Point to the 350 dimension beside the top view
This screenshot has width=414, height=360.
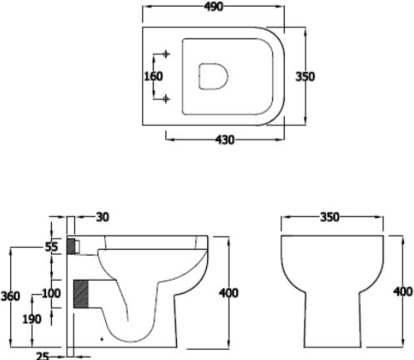tap(305, 76)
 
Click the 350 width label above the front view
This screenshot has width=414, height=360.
tap(331, 217)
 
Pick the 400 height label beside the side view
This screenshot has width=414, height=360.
tap(228, 292)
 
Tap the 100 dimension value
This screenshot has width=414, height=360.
tap(51, 293)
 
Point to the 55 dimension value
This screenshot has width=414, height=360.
tap(50, 247)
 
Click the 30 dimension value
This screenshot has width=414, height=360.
tap(102, 217)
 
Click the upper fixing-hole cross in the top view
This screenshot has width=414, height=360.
tap(166, 55)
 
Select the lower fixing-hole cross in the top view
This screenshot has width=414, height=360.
tap(166, 99)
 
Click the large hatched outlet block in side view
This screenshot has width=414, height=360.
tap(82, 294)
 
